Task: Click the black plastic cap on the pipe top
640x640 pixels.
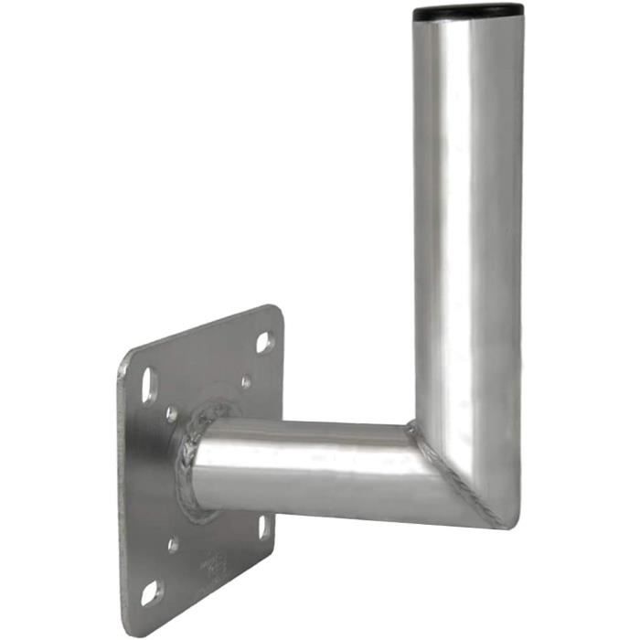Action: point(468,12)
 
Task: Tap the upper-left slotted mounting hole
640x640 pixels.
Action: point(150,384)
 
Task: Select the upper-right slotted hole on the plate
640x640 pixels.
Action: point(263,343)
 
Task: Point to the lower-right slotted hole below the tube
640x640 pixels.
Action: point(263,528)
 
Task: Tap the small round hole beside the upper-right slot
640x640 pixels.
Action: point(245,382)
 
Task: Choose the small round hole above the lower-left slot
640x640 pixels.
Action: point(173,546)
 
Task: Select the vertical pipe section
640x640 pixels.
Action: point(468,229)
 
